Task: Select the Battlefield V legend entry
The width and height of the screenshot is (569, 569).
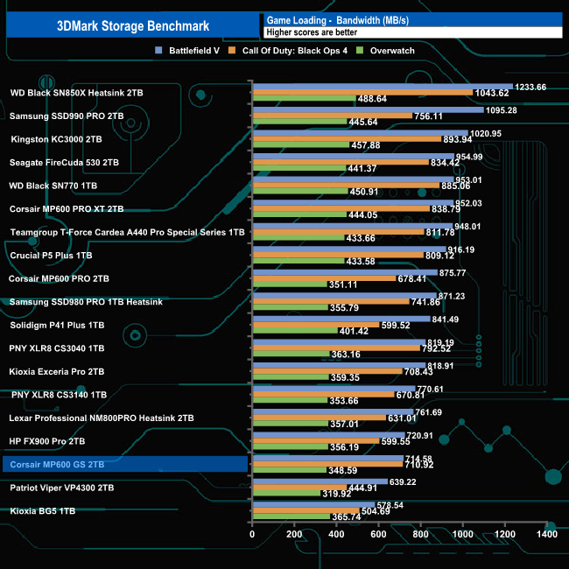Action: (x=189, y=51)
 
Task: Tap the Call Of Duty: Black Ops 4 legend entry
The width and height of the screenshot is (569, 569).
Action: (x=302, y=51)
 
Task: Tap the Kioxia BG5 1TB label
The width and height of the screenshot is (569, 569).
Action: (x=43, y=510)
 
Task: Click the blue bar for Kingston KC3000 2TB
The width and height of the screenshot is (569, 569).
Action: (x=360, y=133)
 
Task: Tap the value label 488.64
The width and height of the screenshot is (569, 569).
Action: (x=373, y=99)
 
